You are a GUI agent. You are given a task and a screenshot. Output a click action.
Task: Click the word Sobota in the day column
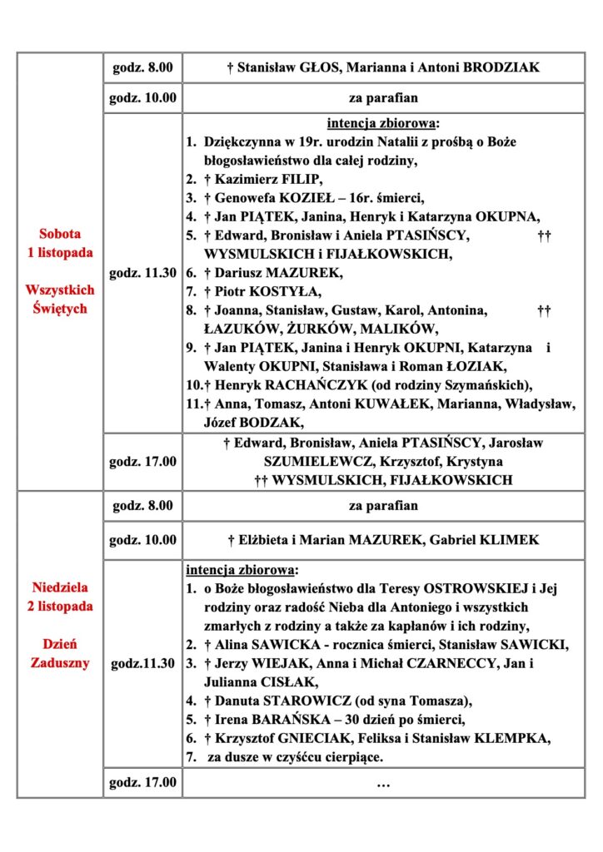coord(59,234)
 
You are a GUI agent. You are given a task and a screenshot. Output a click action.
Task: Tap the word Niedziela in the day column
coord(59,587)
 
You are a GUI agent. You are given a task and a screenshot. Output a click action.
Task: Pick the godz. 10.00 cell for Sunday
coord(142,540)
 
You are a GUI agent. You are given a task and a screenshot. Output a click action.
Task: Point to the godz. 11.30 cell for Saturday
coord(142,272)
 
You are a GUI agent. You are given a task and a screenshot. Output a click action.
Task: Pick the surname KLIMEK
coord(505,540)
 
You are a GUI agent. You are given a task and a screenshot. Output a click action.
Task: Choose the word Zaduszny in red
coord(59,663)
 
